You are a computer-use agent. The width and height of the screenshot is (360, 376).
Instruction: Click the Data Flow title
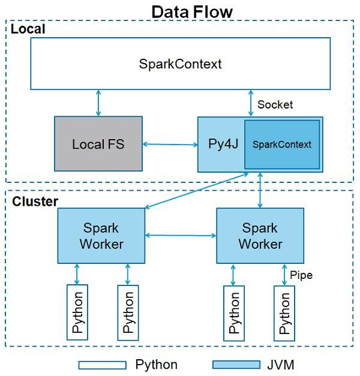pos(192,11)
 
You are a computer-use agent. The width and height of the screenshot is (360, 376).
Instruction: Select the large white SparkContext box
pos(180,64)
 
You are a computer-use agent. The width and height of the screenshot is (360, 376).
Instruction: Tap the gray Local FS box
pos(98,144)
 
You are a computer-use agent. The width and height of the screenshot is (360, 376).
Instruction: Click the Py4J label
pos(220,145)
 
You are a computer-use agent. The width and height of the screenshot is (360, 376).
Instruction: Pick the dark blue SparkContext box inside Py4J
pos(281,145)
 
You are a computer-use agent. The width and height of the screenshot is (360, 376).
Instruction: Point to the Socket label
pos(275,105)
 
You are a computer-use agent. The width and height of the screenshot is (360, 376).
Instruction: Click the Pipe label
pos(301,275)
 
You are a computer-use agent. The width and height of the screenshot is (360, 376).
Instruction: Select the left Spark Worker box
pos(101,236)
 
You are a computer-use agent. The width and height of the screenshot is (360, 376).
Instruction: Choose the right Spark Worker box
pos(260,236)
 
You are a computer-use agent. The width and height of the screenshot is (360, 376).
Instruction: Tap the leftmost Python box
pos(78,312)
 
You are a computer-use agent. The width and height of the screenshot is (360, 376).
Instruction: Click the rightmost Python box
pos(285,312)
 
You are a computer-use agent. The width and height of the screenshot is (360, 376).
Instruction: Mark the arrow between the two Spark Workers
pos(181,236)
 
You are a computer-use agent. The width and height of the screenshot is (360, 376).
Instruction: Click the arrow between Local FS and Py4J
pos(170,144)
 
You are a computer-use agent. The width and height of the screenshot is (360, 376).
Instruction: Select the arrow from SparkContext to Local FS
pos(98,103)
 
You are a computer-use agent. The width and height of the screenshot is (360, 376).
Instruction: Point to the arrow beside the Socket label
pos(251,103)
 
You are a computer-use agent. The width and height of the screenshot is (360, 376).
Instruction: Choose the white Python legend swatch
pos(102,365)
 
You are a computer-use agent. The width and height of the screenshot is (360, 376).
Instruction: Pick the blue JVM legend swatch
pos(236,365)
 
